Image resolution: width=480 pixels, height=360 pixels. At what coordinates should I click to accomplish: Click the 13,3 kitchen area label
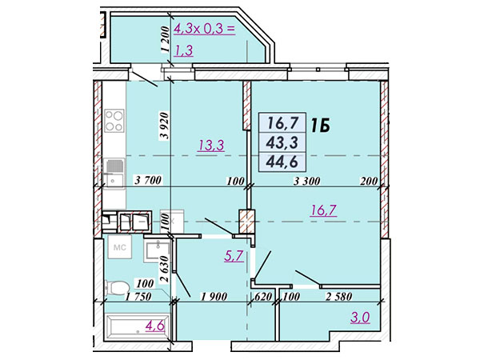tap(211, 145)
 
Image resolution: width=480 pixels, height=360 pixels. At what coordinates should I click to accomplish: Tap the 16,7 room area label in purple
tap(323, 210)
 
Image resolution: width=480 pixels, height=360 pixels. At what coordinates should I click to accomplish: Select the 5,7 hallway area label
tap(234, 256)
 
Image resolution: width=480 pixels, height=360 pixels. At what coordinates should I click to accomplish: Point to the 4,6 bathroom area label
tap(155, 326)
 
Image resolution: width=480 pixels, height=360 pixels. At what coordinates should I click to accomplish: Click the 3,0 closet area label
tap(360, 317)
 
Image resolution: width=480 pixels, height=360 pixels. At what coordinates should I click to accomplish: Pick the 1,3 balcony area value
tap(183, 50)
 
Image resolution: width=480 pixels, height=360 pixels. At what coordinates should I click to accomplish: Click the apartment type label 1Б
tap(321, 126)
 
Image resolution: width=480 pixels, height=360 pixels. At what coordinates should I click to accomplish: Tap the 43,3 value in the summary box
tap(282, 142)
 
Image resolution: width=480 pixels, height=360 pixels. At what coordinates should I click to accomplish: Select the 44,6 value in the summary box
tap(282, 162)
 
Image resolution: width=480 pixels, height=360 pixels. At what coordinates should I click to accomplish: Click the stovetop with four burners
tap(114, 120)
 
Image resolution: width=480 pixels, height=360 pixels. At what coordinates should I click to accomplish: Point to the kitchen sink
tap(114, 173)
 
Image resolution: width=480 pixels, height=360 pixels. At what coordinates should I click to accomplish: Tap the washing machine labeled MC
tap(120, 247)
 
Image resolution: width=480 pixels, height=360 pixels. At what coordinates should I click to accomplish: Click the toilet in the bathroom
tap(116, 288)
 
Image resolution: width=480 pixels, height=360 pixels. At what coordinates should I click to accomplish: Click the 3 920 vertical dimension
tap(164, 126)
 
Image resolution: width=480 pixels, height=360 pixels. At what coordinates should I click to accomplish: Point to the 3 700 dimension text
tap(148, 180)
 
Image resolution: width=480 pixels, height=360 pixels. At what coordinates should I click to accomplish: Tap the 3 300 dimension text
tap(306, 182)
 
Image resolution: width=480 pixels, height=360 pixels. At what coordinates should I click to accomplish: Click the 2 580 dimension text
tap(338, 296)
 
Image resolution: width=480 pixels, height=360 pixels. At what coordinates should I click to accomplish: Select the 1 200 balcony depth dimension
tap(164, 39)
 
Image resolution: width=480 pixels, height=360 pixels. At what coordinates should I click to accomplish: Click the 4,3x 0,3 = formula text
tap(204, 30)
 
